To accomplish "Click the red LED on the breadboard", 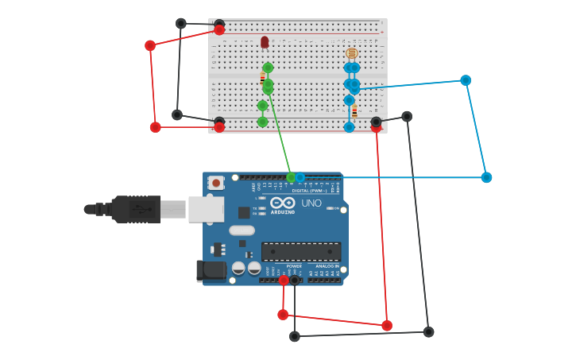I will point(265,42).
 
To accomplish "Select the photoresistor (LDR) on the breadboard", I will point(352,53).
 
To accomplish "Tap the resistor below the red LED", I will point(262,78).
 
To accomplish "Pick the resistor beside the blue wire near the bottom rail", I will point(354,111).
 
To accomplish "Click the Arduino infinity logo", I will point(282,203).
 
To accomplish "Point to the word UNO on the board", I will point(311,203).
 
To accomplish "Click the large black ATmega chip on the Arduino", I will point(301,251).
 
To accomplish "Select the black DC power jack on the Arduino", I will point(212,270).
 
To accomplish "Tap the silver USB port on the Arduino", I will point(206,209).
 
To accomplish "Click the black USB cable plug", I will point(135,209).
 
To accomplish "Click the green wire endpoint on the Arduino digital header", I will point(291,177).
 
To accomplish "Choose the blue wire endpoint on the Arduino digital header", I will point(300,177).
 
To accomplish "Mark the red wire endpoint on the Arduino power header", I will point(284,280).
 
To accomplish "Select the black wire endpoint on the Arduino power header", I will point(295,280).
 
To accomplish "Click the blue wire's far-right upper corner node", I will point(466,80).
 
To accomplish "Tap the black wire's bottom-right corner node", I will point(429,331).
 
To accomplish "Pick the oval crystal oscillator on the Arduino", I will point(242,230).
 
